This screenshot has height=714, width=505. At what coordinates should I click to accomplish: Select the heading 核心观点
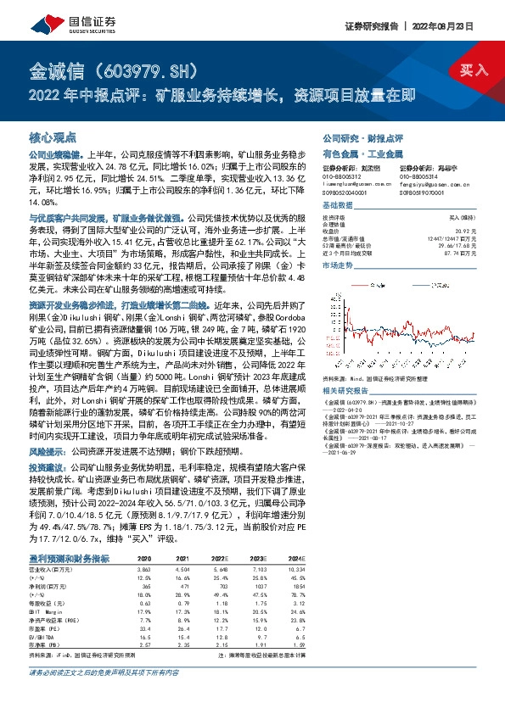point(53,136)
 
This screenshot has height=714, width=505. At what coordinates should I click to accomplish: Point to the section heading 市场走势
point(340,265)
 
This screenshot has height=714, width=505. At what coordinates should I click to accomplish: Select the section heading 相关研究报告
point(348,390)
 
